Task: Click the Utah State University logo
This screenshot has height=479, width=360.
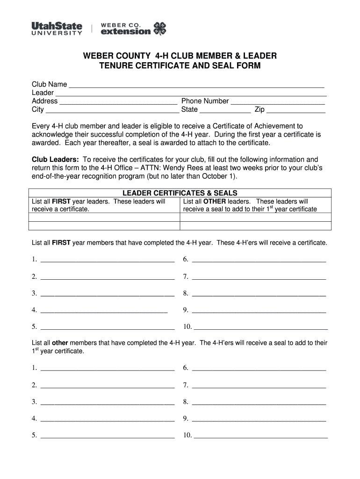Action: (57, 29)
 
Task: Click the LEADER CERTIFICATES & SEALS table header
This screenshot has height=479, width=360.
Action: (180, 193)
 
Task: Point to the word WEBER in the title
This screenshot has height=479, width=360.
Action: (99, 56)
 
